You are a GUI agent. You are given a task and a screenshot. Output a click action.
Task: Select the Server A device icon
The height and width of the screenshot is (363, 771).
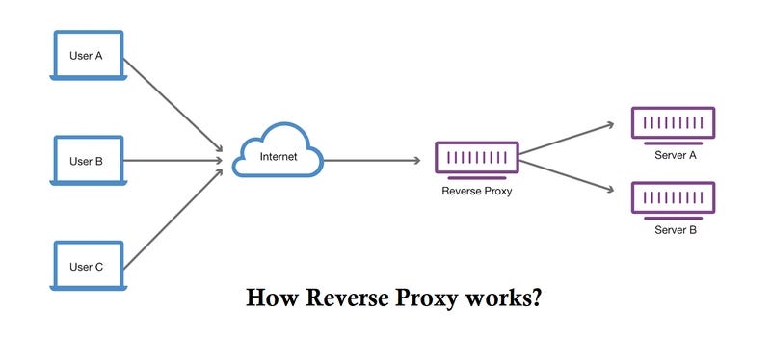pyautogui.click(x=675, y=123)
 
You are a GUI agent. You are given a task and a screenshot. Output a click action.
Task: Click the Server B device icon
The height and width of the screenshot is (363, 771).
pyautogui.click(x=675, y=198)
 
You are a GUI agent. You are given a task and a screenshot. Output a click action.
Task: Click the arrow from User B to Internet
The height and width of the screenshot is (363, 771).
pyautogui.click(x=173, y=161)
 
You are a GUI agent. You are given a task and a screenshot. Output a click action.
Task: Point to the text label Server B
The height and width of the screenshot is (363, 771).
pyautogui.click(x=676, y=230)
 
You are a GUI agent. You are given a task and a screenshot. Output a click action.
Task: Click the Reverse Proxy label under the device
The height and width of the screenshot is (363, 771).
pyautogui.click(x=476, y=191)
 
